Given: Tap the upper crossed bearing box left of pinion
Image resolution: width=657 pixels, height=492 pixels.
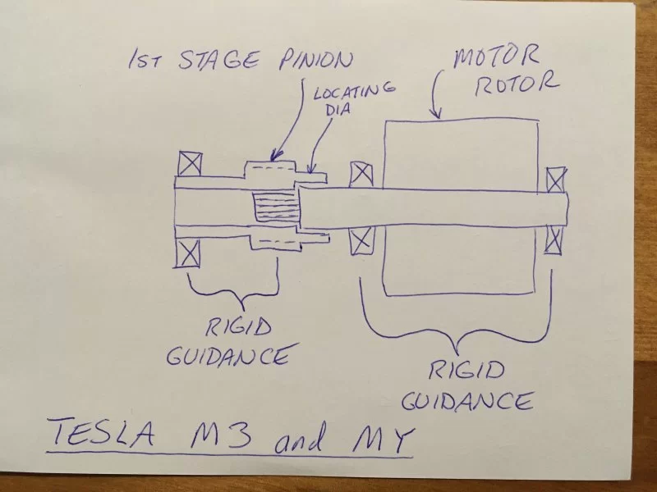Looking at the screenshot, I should (190, 162).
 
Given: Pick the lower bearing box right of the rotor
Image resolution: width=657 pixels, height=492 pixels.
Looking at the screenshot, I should (555, 237).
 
